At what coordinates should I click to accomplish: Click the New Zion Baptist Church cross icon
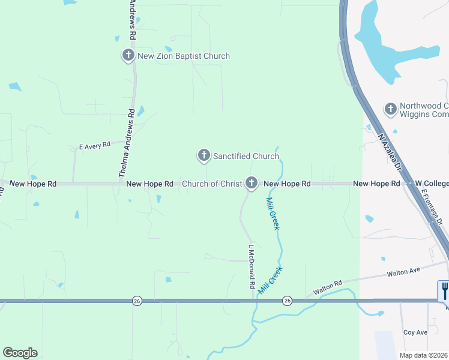(128, 56)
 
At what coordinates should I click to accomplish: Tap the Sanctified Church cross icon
(203, 156)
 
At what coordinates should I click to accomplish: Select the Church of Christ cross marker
(251, 183)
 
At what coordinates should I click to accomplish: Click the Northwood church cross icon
(390, 109)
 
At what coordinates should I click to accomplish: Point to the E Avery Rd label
(95, 145)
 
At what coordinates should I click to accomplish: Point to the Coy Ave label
(415, 332)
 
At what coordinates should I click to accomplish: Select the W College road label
(432, 184)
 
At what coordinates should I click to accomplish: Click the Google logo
(20, 353)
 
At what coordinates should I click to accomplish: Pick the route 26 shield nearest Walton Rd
(287, 301)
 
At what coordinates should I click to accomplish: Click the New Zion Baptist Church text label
(184, 56)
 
